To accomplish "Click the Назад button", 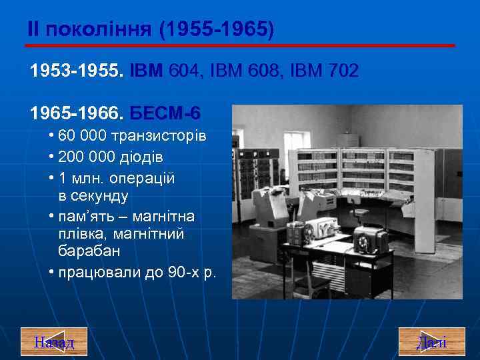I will tap(54, 342).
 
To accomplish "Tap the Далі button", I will tap(431, 342).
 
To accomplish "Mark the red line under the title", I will tap(240, 45).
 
